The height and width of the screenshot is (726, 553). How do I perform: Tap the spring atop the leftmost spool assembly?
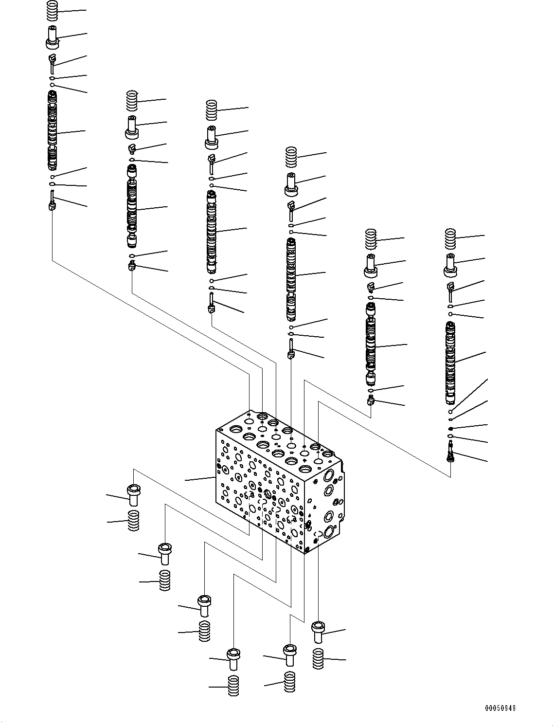click(54, 11)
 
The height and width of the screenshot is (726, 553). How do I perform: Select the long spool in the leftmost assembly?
click(52, 129)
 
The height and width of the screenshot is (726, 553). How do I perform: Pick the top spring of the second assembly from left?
click(132, 101)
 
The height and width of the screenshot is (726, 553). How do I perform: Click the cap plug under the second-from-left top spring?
click(132, 127)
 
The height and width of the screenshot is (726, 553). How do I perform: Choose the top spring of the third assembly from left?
click(212, 110)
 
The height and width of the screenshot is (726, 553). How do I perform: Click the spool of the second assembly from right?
click(371, 343)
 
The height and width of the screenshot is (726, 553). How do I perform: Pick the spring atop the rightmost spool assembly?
click(451, 238)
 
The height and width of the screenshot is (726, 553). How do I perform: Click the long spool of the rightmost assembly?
click(451, 363)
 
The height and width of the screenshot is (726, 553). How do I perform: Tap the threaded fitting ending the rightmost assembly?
click(451, 453)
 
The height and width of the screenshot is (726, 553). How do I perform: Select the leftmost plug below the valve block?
click(133, 495)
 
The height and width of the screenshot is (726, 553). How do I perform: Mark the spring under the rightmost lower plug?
click(318, 658)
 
